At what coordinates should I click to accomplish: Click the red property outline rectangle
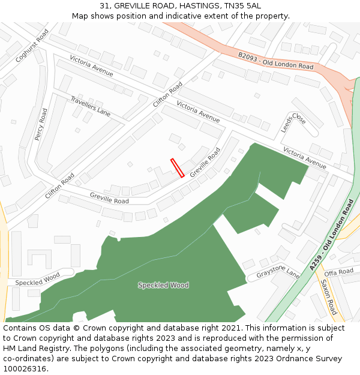click(177, 168)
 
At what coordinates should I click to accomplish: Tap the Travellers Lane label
click(91, 106)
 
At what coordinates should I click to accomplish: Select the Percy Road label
click(41, 125)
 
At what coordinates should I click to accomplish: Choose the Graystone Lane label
click(278, 274)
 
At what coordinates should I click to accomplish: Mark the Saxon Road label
click(329, 297)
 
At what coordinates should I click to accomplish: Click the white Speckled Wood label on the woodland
click(163, 285)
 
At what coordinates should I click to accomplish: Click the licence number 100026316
click(24, 369)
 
